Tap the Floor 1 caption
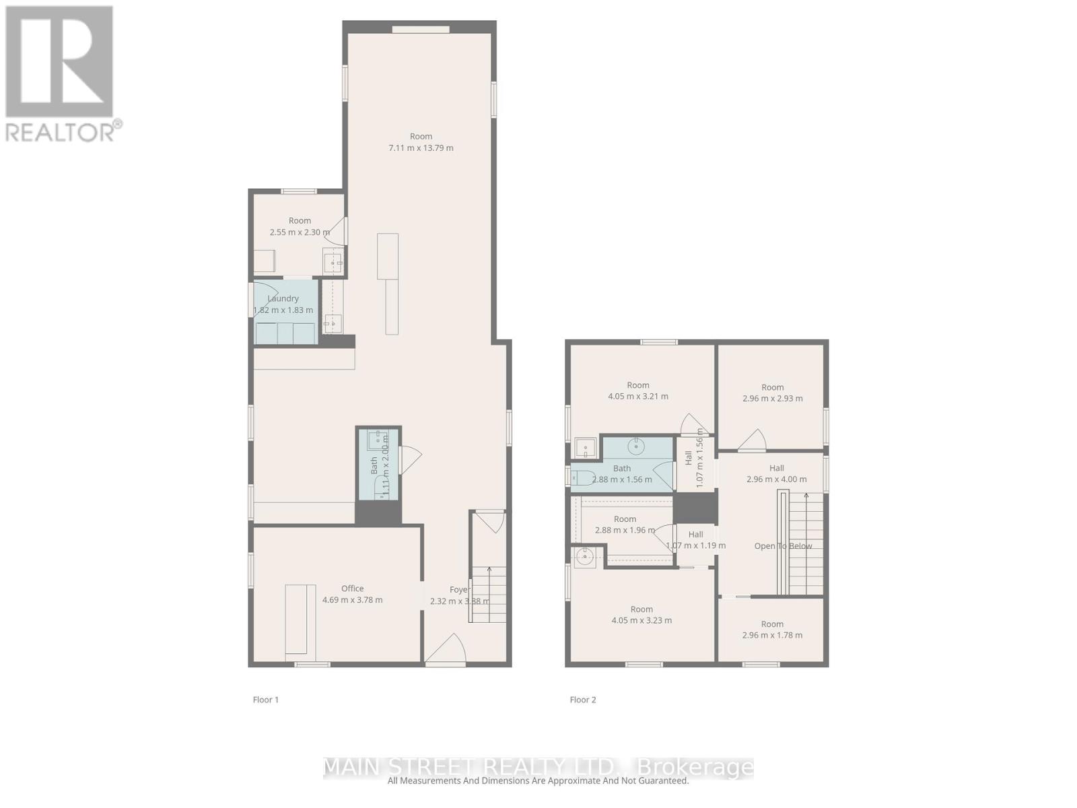[265, 700]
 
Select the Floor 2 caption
[582, 700]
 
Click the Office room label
[352, 588]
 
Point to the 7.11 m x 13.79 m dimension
[421, 148]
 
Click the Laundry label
[283, 298]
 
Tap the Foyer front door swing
[447, 650]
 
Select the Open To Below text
[783, 546]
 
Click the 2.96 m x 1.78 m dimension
[772, 635]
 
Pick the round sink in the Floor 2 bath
[636, 446]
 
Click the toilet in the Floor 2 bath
[583, 478]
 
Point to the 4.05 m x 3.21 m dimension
[638, 397]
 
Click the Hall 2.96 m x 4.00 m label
[776, 473]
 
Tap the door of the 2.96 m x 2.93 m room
[753, 441]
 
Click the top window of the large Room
[421, 29]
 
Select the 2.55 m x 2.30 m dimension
[300, 232]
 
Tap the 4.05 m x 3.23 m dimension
[641, 621]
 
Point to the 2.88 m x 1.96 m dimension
[625, 531]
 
